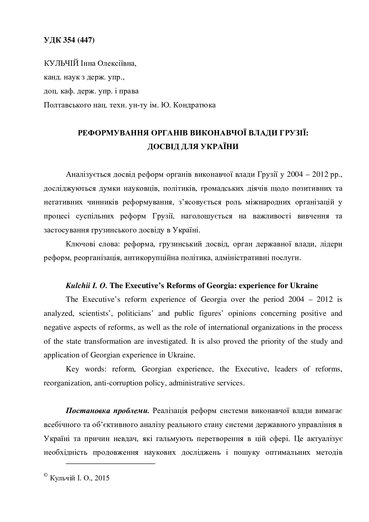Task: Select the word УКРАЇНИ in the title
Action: coord(218,147)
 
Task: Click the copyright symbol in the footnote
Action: coord(46,476)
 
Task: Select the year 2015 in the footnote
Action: coord(103,478)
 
